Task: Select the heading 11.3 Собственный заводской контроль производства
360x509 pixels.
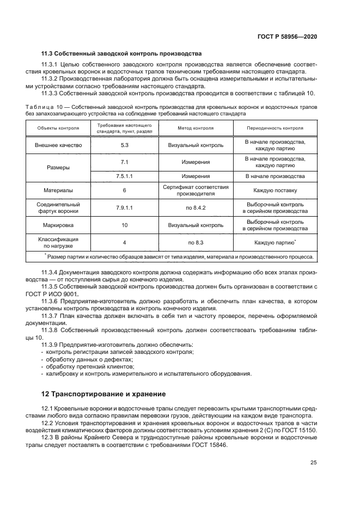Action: click(x=121, y=53)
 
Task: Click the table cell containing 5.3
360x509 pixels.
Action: click(x=124, y=145)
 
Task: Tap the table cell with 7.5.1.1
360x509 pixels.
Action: click(x=124, y=176)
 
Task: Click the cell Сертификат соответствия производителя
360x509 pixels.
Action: click(x=196, y=191)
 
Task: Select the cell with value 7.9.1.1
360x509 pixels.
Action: click(x=124, y=207)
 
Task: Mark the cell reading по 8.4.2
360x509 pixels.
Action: click(x=196, y=207)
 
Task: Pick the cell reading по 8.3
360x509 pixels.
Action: click(x=196, y=242)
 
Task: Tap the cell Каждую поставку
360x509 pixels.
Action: click(x=275, y=191)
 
